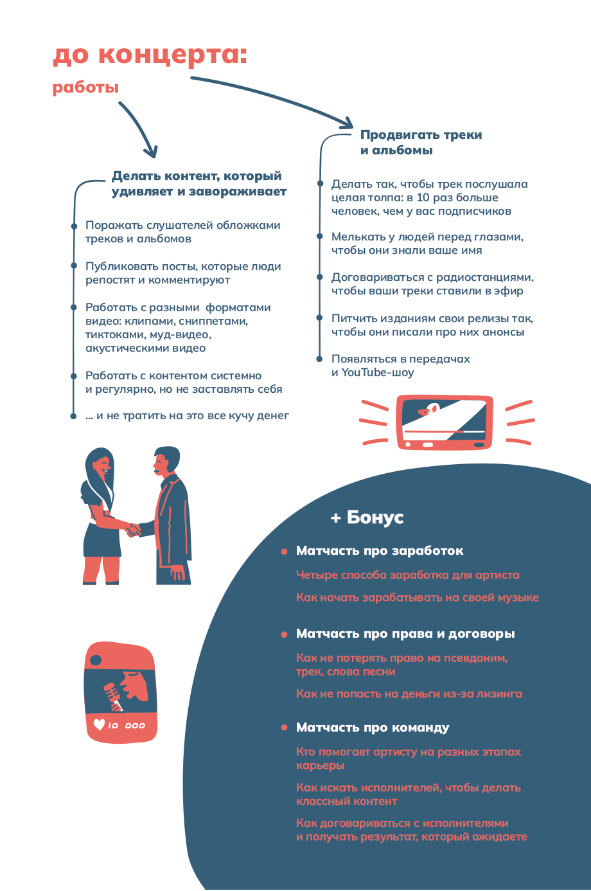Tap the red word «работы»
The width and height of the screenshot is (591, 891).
pos(85,87)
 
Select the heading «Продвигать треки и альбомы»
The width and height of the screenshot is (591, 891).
pos(420,142)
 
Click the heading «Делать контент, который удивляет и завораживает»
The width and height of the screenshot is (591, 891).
pos(198,183)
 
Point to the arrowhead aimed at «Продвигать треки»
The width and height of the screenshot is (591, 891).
pos(347,123)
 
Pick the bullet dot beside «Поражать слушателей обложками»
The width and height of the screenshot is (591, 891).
pos(74,226)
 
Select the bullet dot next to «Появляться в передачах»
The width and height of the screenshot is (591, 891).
pos(319,359)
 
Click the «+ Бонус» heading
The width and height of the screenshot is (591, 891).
pos(367,517)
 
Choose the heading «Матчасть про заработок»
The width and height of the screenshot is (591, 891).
pos(379,551)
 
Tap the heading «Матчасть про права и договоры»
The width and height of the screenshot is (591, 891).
pos(405,634)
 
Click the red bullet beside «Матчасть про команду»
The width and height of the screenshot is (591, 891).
pos(284,728)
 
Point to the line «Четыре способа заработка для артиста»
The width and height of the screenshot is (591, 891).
pos(407,575)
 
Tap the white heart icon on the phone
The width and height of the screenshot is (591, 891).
pos(99,724)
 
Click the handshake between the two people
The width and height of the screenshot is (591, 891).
pos(132,530)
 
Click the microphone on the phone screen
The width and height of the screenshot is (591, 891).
pos(112,695)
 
